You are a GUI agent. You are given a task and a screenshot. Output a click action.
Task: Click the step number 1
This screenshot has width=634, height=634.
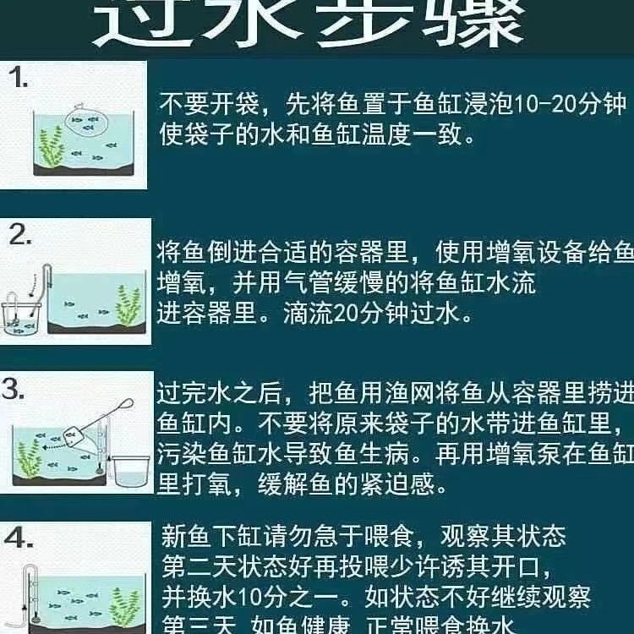pos(18,79)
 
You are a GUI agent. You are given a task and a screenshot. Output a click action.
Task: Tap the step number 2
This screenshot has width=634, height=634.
pos(19,235)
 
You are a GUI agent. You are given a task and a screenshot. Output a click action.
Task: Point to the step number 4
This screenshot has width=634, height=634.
pos(18,538)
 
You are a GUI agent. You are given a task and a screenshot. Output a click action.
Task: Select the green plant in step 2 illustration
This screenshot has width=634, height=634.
pos(128,305)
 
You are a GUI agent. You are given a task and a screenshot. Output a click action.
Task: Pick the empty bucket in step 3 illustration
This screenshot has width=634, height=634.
pos(130,469)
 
